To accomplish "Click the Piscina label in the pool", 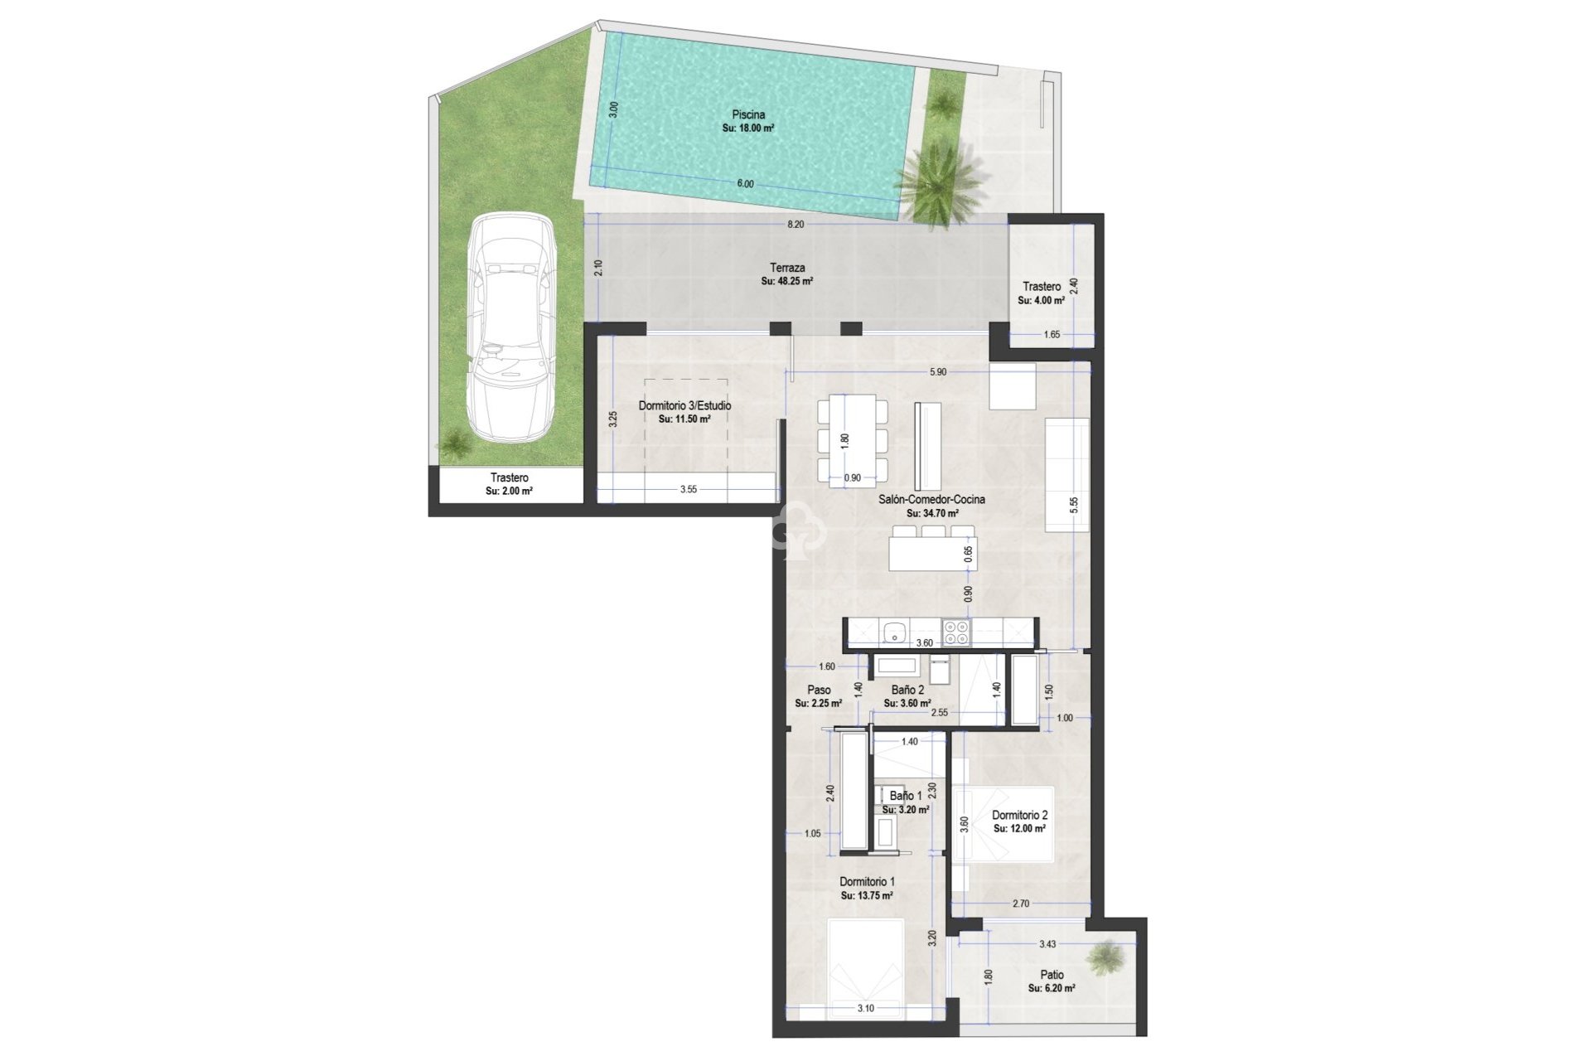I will [748, 115].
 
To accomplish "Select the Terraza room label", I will [786, 269].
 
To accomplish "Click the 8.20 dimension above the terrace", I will [795, 225].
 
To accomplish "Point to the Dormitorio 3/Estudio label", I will [684, 406].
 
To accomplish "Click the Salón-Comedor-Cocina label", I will [931, 500].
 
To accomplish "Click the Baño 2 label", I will [907, 690].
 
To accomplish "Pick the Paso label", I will [819, 690].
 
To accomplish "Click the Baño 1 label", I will [906, 796].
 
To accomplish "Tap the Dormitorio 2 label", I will [1019, 816].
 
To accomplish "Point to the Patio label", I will [1052, 975].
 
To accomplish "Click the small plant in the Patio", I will [1106, 958].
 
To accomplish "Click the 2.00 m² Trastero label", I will [509, 478].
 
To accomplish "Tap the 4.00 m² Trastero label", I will [1042, 287].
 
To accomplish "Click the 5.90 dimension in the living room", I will [937, 373].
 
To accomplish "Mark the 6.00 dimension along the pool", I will [745, 184].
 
